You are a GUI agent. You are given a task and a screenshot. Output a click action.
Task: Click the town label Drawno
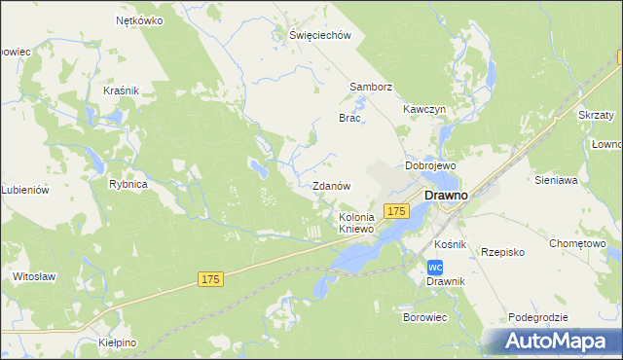[x=446, y=195]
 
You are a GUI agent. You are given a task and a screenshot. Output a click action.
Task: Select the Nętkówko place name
[x=137, y=19]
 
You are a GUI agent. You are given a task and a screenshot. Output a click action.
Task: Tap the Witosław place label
[x=33, y=276]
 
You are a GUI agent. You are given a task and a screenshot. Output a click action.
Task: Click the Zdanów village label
[x=331, y=186]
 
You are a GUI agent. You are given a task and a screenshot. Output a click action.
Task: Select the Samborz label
[x=371, y=87]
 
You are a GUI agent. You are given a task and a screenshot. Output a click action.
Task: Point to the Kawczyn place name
[x=424, y=110]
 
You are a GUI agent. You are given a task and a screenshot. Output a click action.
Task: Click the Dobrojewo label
[x=431, y=165]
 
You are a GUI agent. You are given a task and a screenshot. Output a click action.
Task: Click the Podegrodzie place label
[x=537, y=318]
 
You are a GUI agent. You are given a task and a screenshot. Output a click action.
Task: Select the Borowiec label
[x=424, y=317]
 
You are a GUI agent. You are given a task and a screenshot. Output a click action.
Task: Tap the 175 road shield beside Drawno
[x=394, y=211]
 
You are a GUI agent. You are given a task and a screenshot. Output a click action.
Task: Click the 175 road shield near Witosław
[x=211, y=279]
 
